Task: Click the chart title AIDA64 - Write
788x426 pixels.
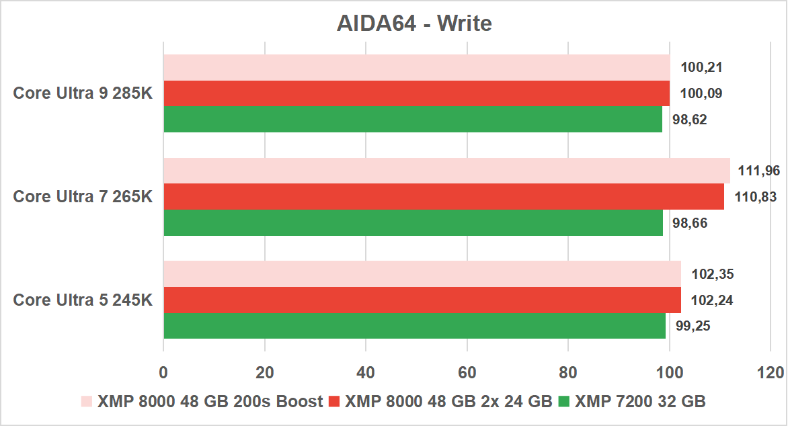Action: pyautogui.click(x=414, y=24)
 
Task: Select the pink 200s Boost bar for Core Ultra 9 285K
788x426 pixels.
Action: pyautogui.click(x=417, y=68)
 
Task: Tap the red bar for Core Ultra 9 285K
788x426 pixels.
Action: pyautogui.click(x=417, y=93)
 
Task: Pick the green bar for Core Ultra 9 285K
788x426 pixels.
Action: pyautogui.click(x=413, y=119)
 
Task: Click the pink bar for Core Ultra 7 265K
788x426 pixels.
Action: pyautogui.click(x=446, y=171)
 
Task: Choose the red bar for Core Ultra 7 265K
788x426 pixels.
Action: pyautogui.click(x=444, y=196)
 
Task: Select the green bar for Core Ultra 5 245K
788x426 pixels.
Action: pyautogui.click(x=414, y=326)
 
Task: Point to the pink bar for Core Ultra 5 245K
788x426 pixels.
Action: pyautogui.click(x=422, y=274)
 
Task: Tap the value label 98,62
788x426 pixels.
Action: pyautogui.click(x=690, y=120)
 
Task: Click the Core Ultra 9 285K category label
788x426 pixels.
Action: pyautogui.click(x=83, y=93)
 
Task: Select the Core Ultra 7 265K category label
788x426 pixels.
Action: pyautogui.click(x=83, y=196)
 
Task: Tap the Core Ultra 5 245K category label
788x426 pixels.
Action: pyautogui.click(x=83, y=300)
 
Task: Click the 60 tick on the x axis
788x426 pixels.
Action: pyautogui.click(x=467, y=372)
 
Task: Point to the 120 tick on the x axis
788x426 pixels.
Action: pyautogui.click(x=769, y=372)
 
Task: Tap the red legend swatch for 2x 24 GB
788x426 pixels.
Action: pyautogui.click(x=334, y=402)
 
